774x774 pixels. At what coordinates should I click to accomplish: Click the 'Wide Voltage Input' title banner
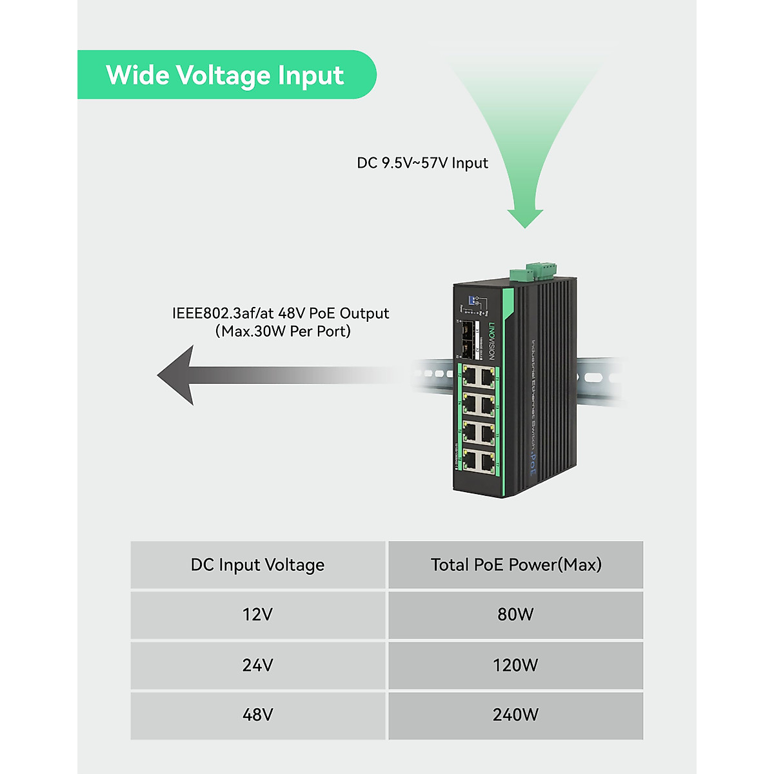coord(226,75)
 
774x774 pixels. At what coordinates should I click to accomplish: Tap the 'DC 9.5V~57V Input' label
coord(422,163)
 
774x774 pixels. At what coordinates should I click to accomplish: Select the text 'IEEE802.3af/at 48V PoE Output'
coord(281,313)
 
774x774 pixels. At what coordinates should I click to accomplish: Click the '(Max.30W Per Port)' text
coord(283,332)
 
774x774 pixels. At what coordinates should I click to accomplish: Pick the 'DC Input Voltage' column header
coord(257,565)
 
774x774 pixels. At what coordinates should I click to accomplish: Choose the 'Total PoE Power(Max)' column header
coord(515,565)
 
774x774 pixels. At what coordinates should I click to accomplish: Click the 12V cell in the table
coord(257,615)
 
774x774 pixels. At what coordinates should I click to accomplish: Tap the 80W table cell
coord(515,615)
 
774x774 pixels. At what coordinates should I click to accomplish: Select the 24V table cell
coord(257,665)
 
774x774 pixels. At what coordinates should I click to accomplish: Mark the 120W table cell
coord(515,665)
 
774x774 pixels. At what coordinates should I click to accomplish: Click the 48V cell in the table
coord(257,715)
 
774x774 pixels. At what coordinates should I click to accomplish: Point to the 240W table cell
coord(515,715)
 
